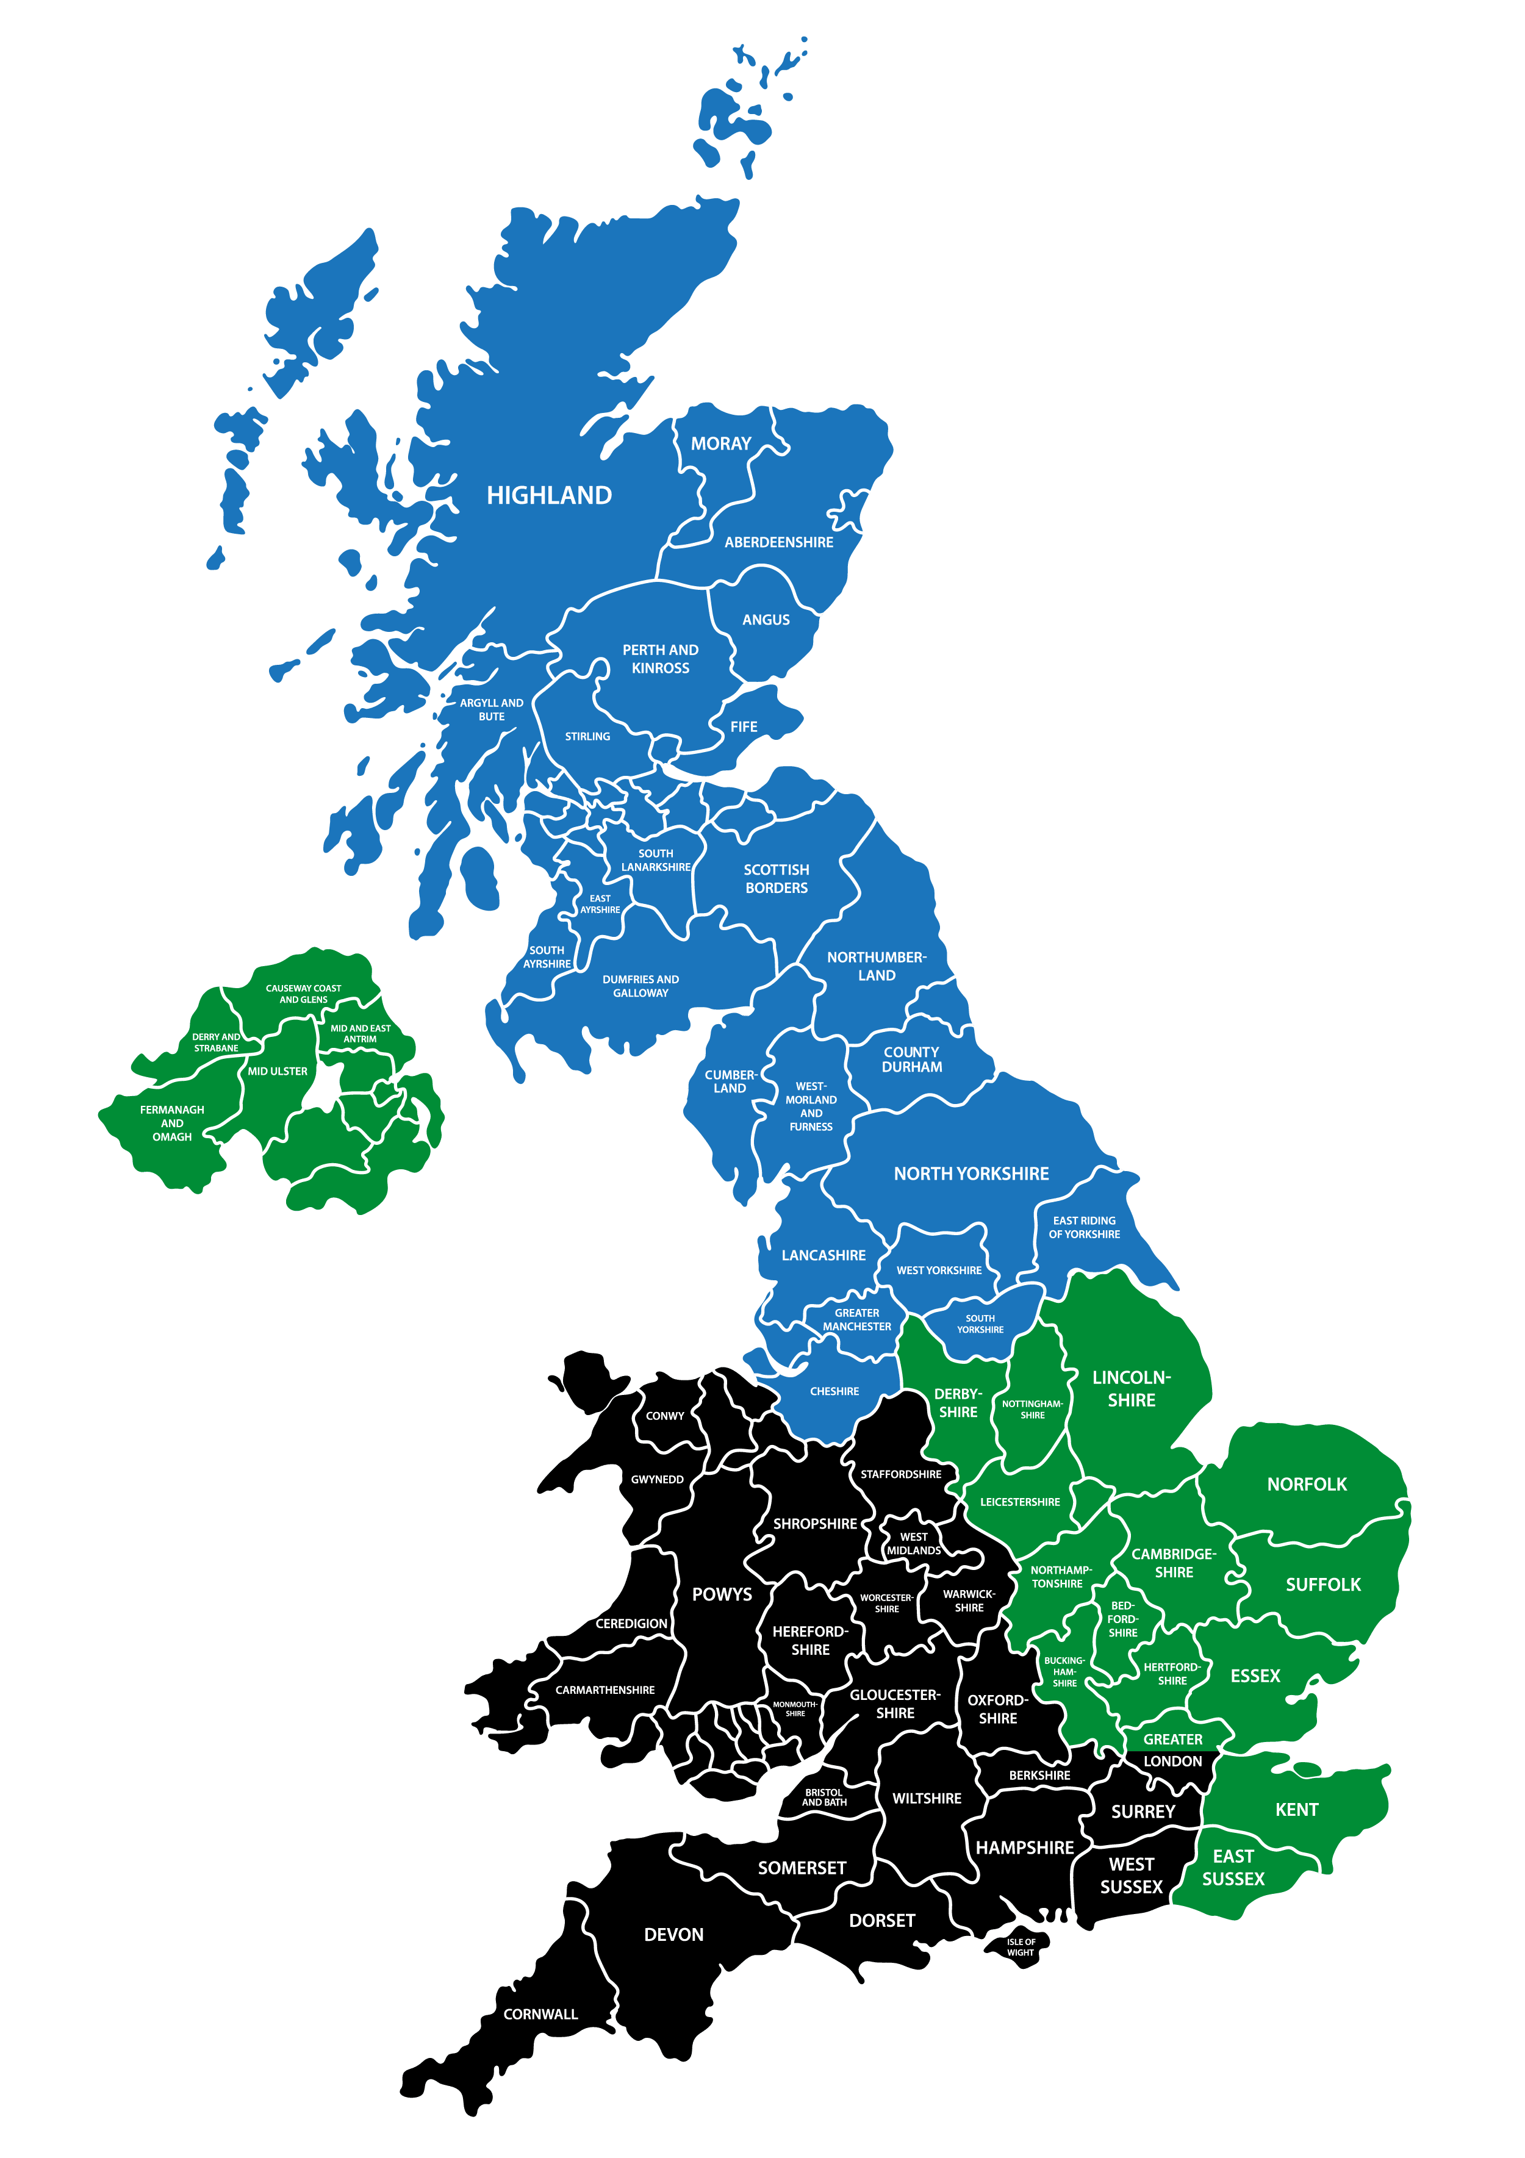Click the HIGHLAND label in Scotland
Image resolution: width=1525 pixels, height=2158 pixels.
pyautogui.click(x=549, y=495)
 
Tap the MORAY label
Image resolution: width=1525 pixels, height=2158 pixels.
pyautogui.click(x=720, y=443)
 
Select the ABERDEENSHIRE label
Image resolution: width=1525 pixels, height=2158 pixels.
pyautogui.click(x=778, y=542)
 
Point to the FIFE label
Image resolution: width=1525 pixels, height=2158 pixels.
pyautogui.click(x=744, y=726)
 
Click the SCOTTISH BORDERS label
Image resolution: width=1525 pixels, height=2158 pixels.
pyautogui.click(x=777, y=879)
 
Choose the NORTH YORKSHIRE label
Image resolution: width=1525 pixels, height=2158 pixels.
pyautogui.click(x=971, y=1174)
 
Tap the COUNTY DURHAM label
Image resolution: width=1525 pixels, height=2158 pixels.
pyautogui.click(x=912, y=1059)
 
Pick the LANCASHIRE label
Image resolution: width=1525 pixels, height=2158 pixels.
pyautogui.click(x=823, y=1256)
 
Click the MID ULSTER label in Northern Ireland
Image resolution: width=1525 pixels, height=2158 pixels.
pyautogui.click(x=278, y=1072)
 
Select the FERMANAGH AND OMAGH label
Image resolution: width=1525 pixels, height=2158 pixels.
pyautogui.click(x=172, y=1123)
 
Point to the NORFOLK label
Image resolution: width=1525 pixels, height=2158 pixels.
pyautogui.click(x=1307, y=1484)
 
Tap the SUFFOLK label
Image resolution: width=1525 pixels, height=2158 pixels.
pyautogui.click(x=1323, y=1585)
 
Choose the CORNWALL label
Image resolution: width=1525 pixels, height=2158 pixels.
pyautogui.click(x=540, y=2014)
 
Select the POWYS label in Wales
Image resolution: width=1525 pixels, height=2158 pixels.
pyautogui.click(x=722, y=1594)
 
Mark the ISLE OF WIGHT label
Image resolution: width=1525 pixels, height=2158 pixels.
pyautogui.click(x=1021, y=1946)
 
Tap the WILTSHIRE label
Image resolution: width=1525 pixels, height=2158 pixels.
pyautogui.click(x=927, y=1798)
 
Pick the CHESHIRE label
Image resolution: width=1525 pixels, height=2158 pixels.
pyautogui.click(x=834, y=1391)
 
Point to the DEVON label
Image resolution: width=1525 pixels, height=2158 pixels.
pyautogui.click(x=674, y=1934)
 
